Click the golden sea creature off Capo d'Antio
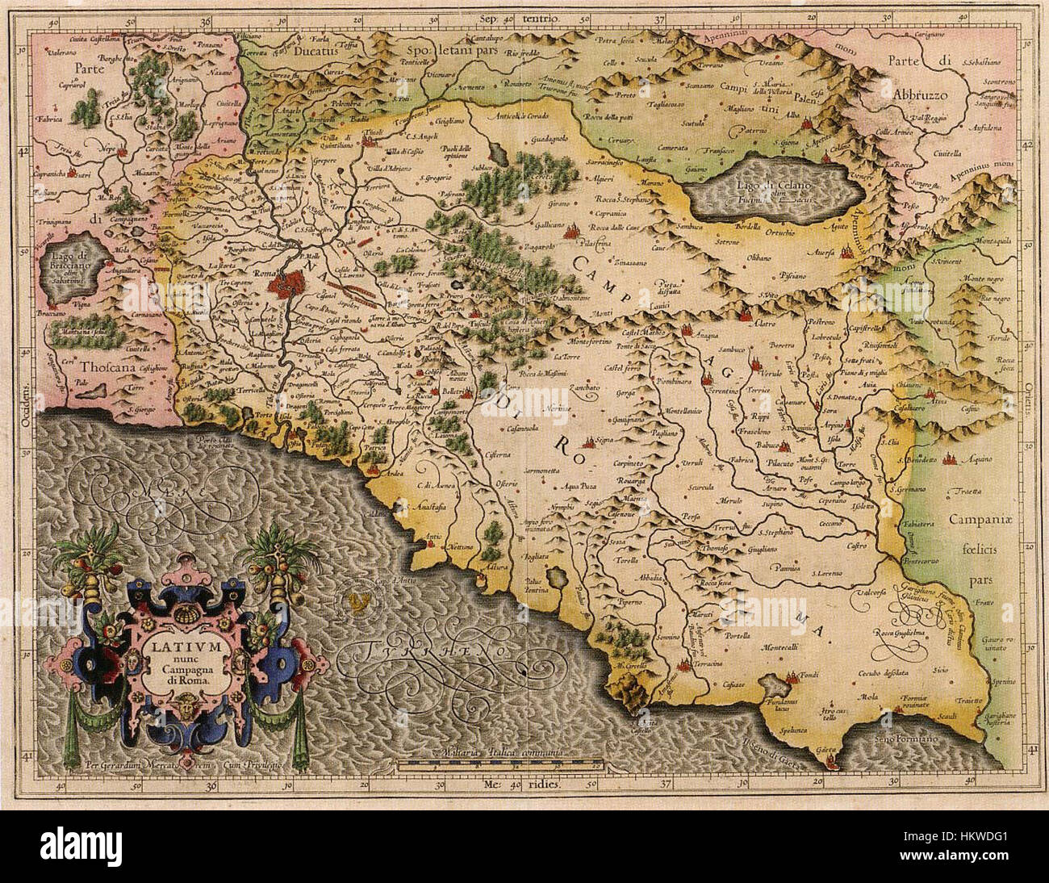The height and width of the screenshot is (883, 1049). (x=360, y=599)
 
